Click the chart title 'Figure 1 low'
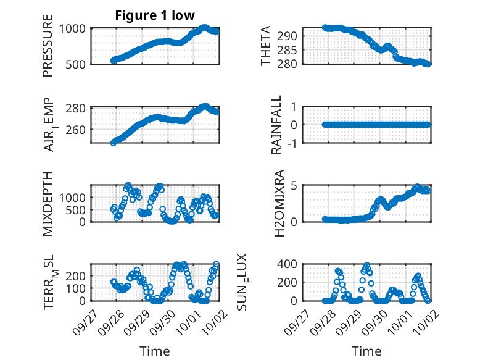(x=155, y=15)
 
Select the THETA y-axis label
(x=266, y=46)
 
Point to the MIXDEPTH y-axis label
(x=48, y=203)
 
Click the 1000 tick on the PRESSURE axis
(x=75, y=28)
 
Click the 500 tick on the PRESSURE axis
(x=78, y=64)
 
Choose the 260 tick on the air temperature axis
(x=78, y=130)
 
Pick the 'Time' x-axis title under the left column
(x=155, y=351)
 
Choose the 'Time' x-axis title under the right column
(x=366, y=351)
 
